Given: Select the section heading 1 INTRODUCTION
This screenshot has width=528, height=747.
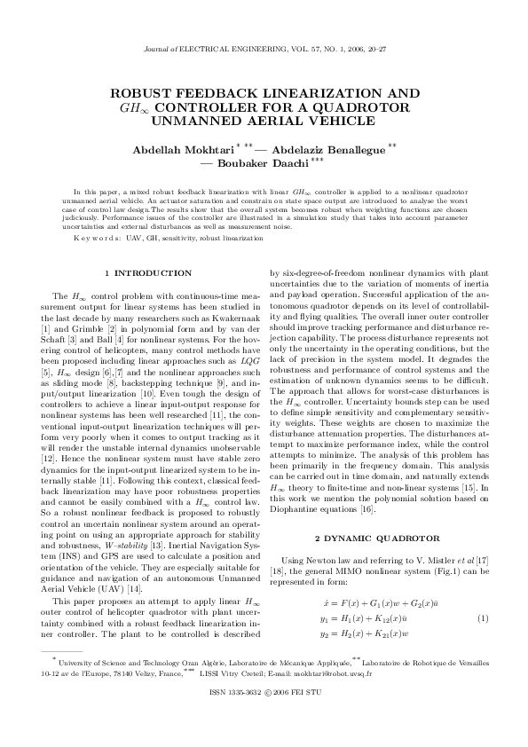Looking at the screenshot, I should (x=147, y=272).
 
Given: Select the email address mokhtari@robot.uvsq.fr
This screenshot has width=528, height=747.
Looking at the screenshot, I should (x=345, y=697).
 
